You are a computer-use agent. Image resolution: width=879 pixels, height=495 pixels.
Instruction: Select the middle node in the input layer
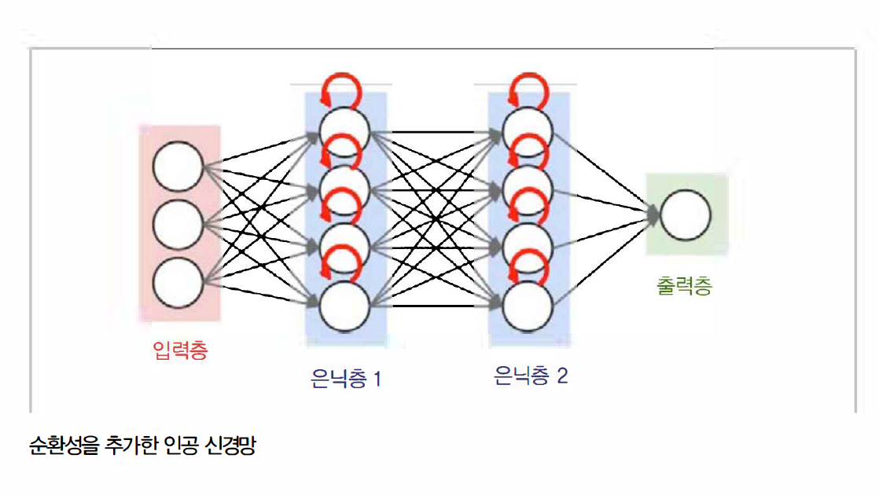pos(178,225)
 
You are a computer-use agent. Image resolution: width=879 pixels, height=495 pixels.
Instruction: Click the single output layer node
pos(685,215)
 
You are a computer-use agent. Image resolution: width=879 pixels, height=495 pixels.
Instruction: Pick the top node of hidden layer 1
pos(344,128)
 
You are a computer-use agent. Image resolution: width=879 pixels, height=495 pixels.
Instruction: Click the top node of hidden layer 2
pos(527,128)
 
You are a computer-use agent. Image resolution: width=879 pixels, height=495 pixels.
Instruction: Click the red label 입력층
pos(181,349)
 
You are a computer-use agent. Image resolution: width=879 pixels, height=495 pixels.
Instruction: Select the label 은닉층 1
pos(346,379)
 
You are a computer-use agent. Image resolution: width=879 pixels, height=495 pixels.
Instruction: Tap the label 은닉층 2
pos(530,376)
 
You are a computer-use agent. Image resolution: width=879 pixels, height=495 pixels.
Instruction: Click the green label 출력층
pos(684,285)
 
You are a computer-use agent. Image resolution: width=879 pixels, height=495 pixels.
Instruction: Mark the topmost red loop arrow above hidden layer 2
pos(526,90)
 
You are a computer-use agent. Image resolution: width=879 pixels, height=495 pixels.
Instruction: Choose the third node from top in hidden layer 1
pos(344,245)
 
